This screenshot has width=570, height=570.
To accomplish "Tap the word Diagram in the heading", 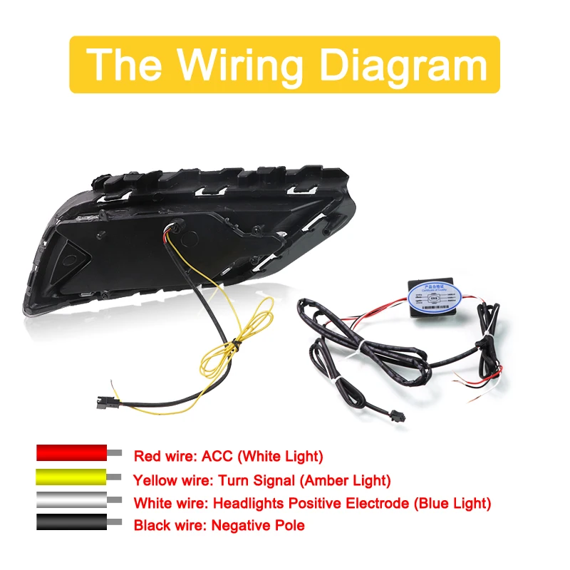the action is tap(403, 65).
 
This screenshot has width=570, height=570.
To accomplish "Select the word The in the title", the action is tap(128, 65).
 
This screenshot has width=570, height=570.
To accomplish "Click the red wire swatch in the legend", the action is tap(72, 454).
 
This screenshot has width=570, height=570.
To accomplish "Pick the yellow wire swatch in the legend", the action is tap(72, 478).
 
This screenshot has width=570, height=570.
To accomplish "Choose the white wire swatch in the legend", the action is tap(72, 502).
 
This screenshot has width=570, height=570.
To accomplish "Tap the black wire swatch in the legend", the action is tap(72, 524).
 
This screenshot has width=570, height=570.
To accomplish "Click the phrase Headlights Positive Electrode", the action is tap(328, 504).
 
